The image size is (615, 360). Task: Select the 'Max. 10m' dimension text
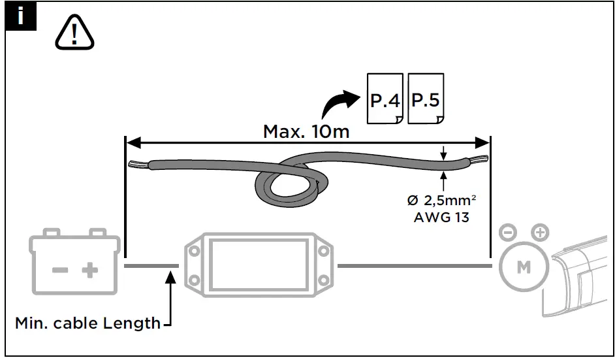[306, 131]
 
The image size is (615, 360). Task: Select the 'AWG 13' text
[441, 218]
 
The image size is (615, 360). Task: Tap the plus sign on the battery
[89, 270]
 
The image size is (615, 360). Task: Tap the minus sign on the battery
[60, 270]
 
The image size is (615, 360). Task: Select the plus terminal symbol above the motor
[539, 232]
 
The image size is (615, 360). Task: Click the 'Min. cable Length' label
[87, 323]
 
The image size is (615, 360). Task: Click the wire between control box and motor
[414, 266]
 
